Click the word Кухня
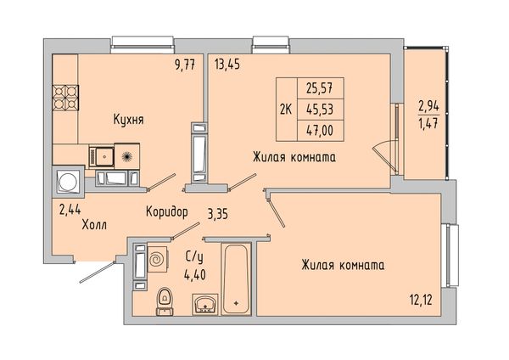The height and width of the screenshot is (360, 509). pyautogui.click(x=129, y=120)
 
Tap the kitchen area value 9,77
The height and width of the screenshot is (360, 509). pyautogui.click(x=185, y=65)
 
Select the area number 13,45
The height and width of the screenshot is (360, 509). pyautogui.click(x=227, y=65)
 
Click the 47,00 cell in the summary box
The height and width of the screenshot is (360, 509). pyautogui.click(x=320, y=131)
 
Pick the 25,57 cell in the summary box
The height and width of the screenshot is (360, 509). pyautogui.click(x=320, y=88)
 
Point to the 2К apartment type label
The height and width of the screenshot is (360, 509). pyautogui.click(x=286, y=110)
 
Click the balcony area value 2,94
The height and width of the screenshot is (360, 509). pyautogui.click(x=428, y=106)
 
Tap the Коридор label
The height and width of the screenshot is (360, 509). pyautogui.click(x=167, y=212)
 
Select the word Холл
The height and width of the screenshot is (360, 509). pyautogui.click(x=94, y=225)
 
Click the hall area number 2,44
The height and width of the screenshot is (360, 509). pyautogui.click(x=70, y=211)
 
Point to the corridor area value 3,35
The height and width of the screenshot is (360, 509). pyautogui.click(x=218, y=215)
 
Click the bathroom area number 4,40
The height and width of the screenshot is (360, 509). pyautogui.click(x=195, y=275)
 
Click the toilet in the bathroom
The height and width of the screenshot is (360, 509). pyautogui.click(x=165, y=302)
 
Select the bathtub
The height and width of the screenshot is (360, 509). pyautogui.click(x=236, y=279)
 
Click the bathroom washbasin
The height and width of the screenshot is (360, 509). pyautogui.click(x=204, y=305)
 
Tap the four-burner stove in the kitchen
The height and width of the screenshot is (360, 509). pyautogui.click(x=65, y=98)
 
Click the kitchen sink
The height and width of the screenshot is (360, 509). pyautogui.click(x=102, y=157)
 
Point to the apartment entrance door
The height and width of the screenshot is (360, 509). pyautogui.click(x=98, y=272)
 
